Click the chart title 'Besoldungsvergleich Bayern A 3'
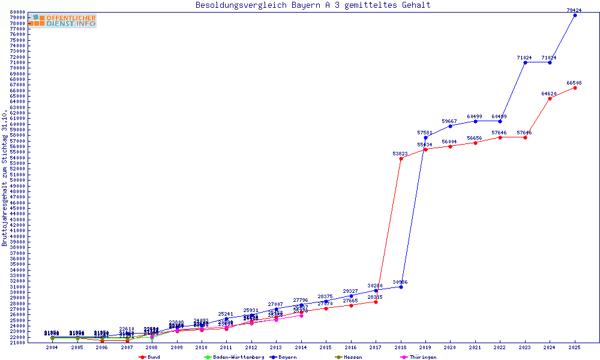(x=313, y=5)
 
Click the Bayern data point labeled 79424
(x=575, y=15)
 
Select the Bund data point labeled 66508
(x=575, y=88)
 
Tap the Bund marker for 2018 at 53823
(x=401, y=158)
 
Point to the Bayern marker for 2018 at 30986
(x=401, y=287)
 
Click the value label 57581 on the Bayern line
(x=425, y=133)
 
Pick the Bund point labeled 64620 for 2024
(x=550, y=98)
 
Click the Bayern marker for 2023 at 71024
(x=525, y=62)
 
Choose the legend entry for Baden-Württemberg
(x=234, y=357)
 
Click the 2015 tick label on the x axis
(x=326, y=347)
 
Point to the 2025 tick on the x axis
(x=575, y=347)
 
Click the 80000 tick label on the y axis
(x=17, y=12)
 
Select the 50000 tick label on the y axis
(x=17, y=180)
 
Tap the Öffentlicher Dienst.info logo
(x=62, y=20)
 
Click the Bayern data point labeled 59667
(x=451, y=126)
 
